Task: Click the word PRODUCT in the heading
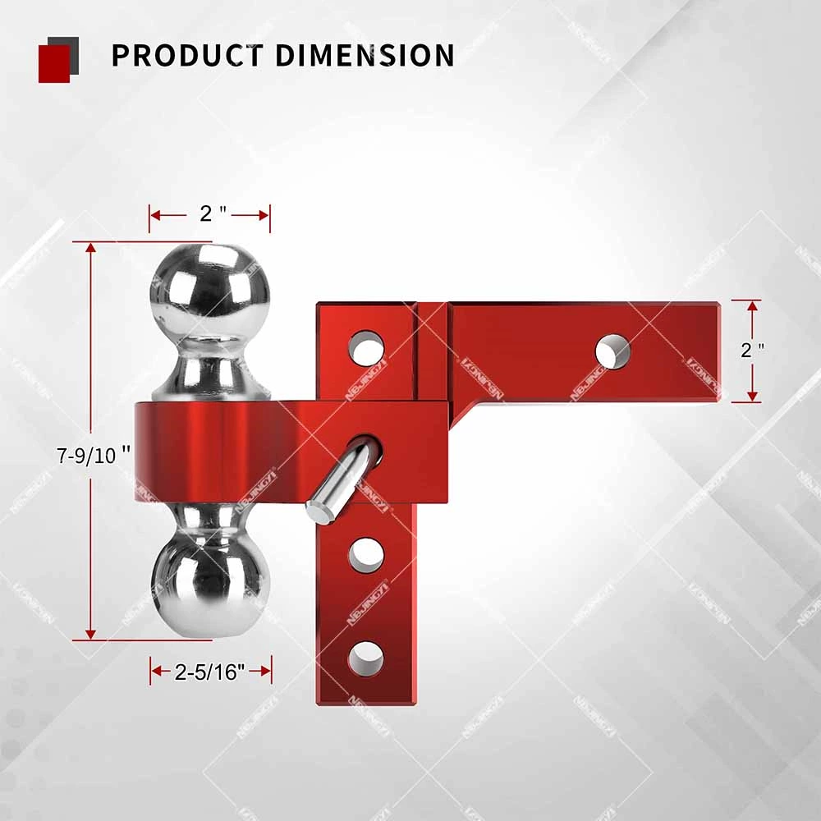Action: (186, 56)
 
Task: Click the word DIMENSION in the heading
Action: (364, 56)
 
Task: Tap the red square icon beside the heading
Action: (56, 62)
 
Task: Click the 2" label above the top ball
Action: (212, 214)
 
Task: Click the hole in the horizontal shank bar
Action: (612, 351)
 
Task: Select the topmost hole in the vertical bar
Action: (366, 348)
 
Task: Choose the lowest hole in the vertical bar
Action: (366, 658)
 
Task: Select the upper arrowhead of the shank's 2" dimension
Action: (754, 305)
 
